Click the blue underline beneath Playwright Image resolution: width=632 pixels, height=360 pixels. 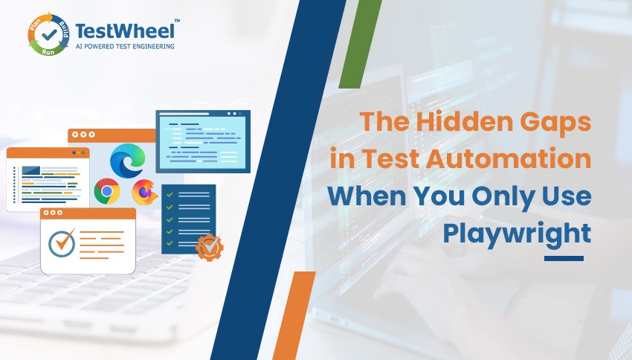(564, 259)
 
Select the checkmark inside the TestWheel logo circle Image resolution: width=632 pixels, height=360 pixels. (49, 33)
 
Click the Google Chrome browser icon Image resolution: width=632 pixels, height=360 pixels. (107, 192)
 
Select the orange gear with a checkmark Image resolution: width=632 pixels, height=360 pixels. (209, 246)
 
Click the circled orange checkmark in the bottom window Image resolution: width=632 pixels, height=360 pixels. (61, 243)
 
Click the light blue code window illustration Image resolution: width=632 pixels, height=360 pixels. (202, 141)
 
